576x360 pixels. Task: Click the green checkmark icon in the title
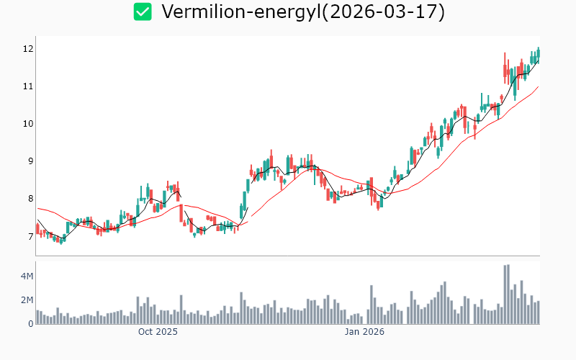click(x=143, y=12)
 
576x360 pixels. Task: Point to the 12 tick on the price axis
click(x=28, y=49)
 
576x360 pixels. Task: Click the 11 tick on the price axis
click(x=28, y=86)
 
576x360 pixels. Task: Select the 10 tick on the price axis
click(x=28, y=124)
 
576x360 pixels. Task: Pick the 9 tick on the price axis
click(x=30, y=161)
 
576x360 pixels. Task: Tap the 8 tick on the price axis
click(x=30, y=199)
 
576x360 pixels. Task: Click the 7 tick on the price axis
click(x=30, y=236)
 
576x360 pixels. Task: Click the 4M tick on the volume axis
click(x=26, y=276)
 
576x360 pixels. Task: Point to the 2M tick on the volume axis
click(x=26, y=300)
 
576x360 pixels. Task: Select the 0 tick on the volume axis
click(x=30, y=324)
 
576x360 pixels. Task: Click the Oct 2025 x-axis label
click(x=158, y=332)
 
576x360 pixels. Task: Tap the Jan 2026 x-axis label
click(x=364, y=332)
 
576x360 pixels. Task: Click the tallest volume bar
click(x=508, y=294)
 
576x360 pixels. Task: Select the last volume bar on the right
click(x=538, y=312)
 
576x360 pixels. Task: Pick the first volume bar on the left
click(x=37, y=317)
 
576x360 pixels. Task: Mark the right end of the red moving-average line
click(x=538, y=87)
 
